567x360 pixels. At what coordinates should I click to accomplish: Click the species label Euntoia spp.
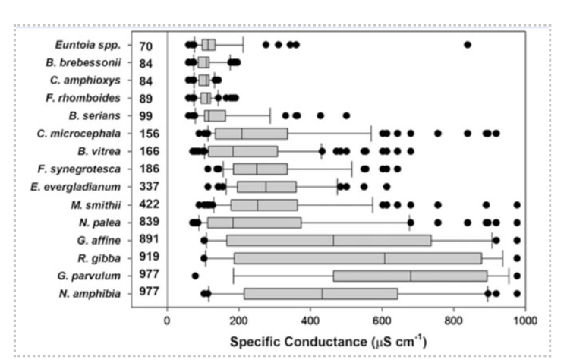point(94,46)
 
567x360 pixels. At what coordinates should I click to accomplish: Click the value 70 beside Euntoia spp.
point(146,46)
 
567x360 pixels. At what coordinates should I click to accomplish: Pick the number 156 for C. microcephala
point(149,134)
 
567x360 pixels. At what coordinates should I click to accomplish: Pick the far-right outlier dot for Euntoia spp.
point(468,45)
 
